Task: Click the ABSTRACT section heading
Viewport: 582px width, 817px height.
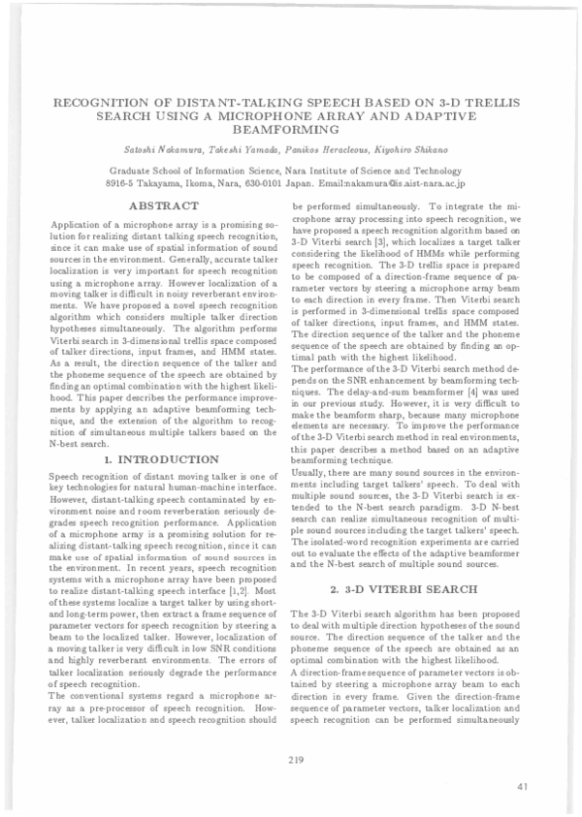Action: click(x=164, y=205)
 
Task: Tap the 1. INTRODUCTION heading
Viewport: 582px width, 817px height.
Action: click(x=162, y=458)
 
